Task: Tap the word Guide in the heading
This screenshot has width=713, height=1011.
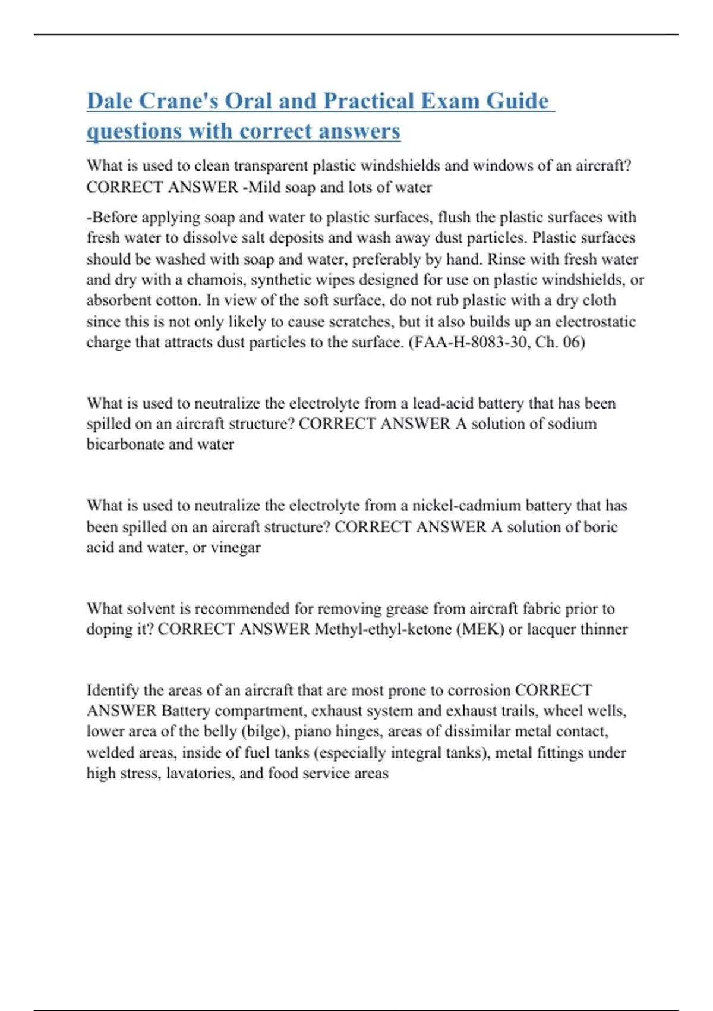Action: pyautogui.click(x=517, y=101)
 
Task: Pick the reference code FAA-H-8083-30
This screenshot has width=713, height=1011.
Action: pyautogui.click(x=472, y=343)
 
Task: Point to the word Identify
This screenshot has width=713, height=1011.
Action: pyautogui.click(x=113, y=690)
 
